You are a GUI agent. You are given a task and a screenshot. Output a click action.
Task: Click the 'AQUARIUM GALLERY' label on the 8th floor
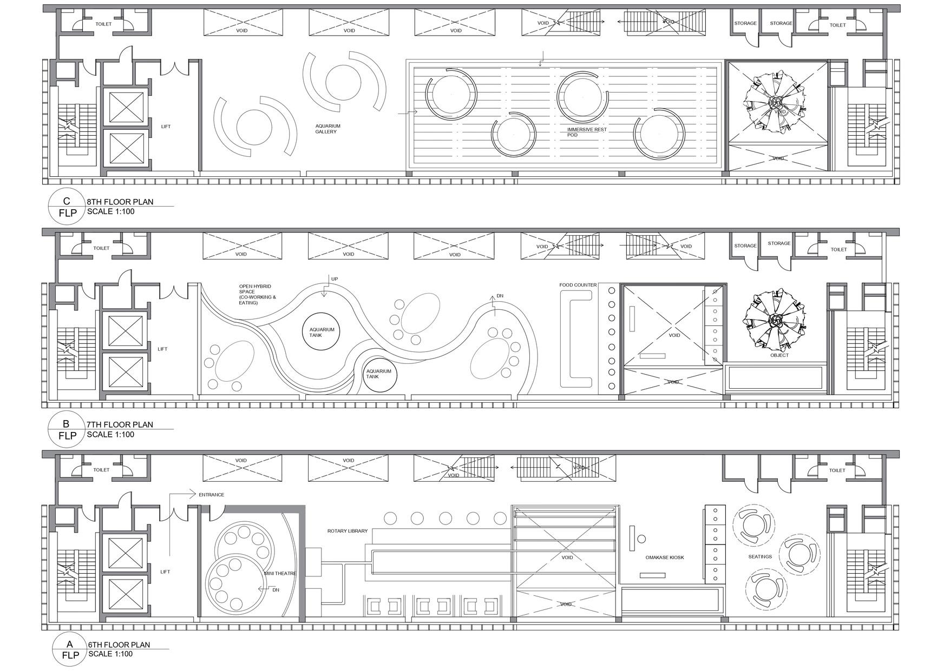coord(327,129)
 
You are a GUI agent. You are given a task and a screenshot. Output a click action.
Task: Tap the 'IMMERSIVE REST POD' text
coord(587,132)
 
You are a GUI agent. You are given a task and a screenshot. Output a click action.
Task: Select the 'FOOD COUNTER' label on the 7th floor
coord(578,285)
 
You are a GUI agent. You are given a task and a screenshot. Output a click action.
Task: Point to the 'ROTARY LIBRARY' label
coord(347,531)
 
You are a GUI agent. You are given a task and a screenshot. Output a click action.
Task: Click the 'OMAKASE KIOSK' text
coord(664,557)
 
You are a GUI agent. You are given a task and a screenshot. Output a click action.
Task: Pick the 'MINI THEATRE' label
coord(280,573)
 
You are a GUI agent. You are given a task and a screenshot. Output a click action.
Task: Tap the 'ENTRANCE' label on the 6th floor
coord(211,495)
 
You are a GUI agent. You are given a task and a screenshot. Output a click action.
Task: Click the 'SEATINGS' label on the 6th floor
coord(760,556)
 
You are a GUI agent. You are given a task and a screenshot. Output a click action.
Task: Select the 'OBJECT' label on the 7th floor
coord(779,355)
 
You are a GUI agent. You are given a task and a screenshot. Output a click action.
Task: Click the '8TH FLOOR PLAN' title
coord(120,202)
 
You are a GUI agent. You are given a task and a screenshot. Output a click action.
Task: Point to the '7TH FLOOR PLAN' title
coord(120,424)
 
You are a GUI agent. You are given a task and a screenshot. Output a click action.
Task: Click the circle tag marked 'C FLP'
coord(67,207)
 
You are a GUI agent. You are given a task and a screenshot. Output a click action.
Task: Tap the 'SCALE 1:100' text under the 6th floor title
coord(110,654)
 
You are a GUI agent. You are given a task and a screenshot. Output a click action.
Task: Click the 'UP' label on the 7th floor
coord(334,279)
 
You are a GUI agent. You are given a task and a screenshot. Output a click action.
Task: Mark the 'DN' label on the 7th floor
coord(500,296)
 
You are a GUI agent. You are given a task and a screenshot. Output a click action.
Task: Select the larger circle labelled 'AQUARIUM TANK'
coord(322,332)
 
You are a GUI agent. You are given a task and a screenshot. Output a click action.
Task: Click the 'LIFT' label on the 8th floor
coord(166,127)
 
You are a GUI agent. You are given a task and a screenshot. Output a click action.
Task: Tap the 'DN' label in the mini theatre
coord(276,590)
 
